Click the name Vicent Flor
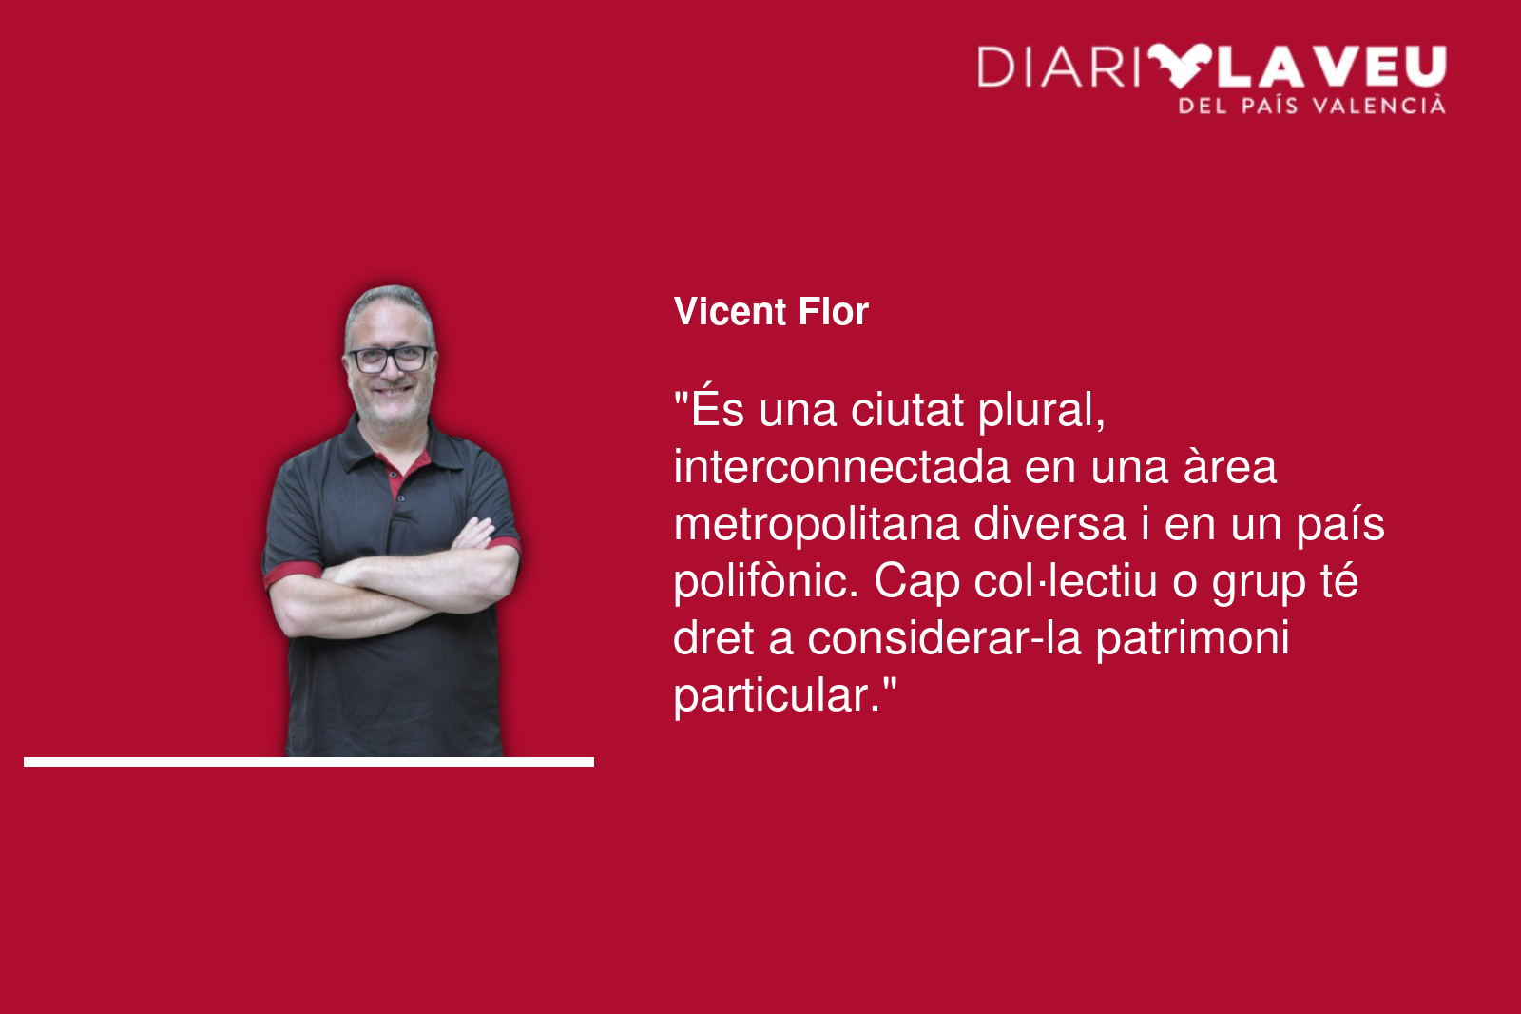point(771,311)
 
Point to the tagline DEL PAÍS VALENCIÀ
point(1312,106)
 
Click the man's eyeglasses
point(390,359)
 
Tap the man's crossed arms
point(394,577)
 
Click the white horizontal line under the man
point(309,762)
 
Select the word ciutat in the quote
point(907,410)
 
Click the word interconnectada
point(841,467)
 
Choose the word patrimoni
point(1192,639)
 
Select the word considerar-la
point(944,638)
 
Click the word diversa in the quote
point(1049,524)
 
